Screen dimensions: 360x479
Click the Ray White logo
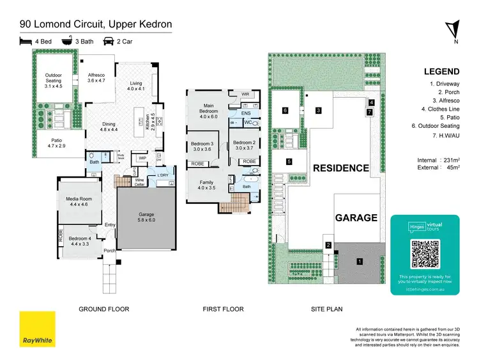click(36, 329)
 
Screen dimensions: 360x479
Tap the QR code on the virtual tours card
click(425, 254)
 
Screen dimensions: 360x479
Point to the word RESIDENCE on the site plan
click(340, 168)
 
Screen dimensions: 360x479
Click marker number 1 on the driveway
click(359, 261)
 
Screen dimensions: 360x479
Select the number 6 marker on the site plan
click(285, 111)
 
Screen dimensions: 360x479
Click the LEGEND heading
click(441, 72)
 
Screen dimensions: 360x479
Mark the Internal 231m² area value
click(441, 160)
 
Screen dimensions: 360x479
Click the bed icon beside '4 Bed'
click(26, 42)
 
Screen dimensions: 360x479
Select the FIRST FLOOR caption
click(223, 309)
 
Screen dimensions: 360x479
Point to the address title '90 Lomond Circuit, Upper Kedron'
click(95, 25)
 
